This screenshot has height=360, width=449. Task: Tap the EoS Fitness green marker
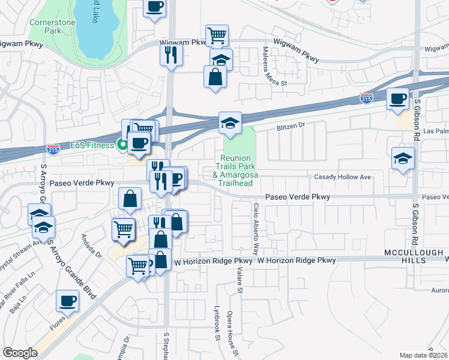[x=121, y=145]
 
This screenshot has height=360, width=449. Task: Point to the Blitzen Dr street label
[x=291, y=127]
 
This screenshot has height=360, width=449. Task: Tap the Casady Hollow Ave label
[x=343, y=177]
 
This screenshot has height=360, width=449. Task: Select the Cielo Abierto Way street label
[x=256, y=228]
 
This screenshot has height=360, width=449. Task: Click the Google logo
[x=20, y=353]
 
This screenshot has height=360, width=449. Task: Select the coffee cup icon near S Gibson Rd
[x=397, y=98]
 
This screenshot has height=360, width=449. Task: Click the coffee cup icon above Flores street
[x=67, y=300]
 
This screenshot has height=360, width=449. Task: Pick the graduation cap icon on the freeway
[x=230, y=123]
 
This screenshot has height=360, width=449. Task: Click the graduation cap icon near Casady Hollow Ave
[x=402, y=158]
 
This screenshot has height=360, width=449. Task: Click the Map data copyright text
[x=424, y=355]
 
